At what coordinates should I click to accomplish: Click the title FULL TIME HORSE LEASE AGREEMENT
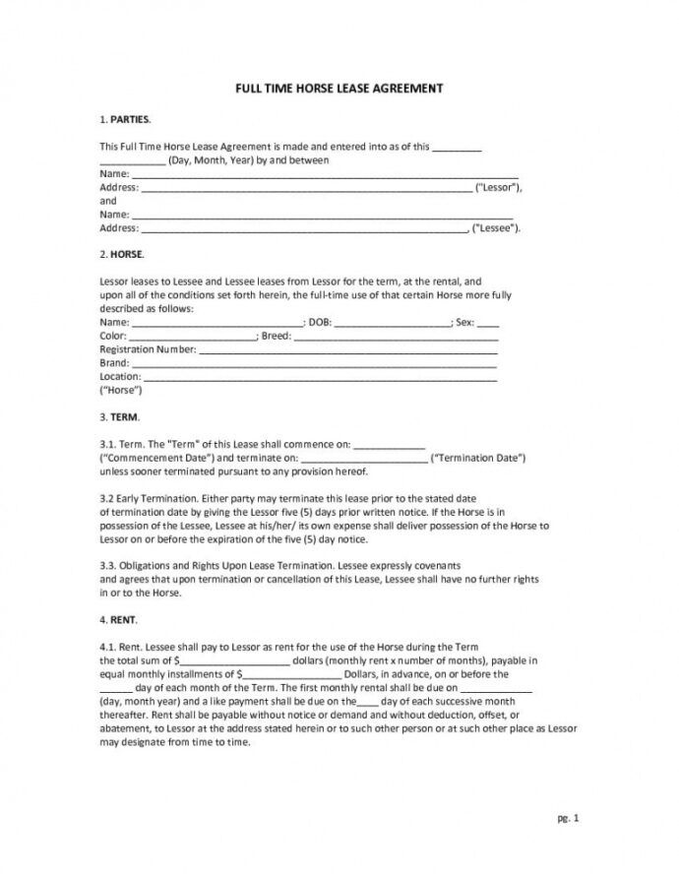click(x=339, y=88)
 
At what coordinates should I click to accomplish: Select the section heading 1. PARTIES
click(x=125, y=119)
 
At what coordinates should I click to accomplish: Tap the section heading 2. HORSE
click(x=122, y=253)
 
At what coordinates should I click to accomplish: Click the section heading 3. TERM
click(x=120, y=416)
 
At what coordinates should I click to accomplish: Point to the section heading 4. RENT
click(x=119, y=621)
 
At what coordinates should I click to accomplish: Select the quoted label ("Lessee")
click(x=495, y=227)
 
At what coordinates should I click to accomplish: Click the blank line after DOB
click(x=393, y=322)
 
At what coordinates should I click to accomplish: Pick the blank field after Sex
click(x=487, y=322)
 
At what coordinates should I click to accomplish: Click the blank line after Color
click(x=194, y=336)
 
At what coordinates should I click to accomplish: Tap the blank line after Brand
click(x=315, y=363)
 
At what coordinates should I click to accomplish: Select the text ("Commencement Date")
click(x=156, y=458)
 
